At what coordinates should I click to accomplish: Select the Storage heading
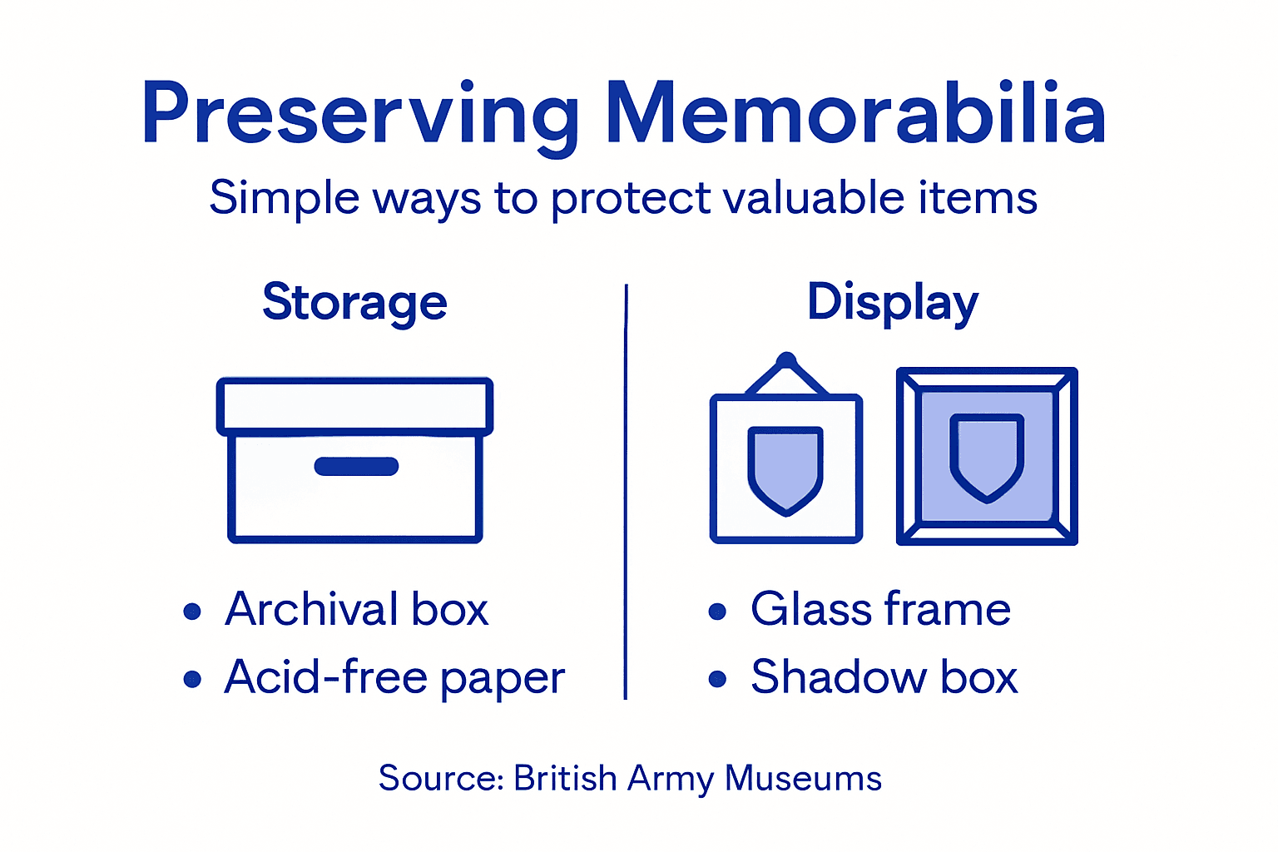pyautogui.click(x=355, y=302)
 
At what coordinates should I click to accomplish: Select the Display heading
pyautogui.click(x=893, y=302)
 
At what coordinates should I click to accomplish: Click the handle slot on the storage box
pyautogui.click(x=356, y=467)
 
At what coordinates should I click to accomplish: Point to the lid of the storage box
pyautogui.click(x=355, y=406)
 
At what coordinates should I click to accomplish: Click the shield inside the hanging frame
pyautogui.click(x=785, y=468)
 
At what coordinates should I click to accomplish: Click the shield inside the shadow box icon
pyautogui.click(x=987, y=457)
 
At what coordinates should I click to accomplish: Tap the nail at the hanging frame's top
pyautogui.click(x=785, y=360)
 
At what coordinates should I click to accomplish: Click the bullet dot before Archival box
pyautogui.click(x=192, y=612)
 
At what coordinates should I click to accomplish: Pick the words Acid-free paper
pyautogui.click(x=394, y=677)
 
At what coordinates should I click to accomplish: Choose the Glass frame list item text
pyautogui.click(x=880, y=609)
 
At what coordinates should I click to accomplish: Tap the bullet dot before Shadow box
pyautogui.click(x=717, y=680)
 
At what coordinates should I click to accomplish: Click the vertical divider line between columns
pyautogui.click(x=626, y=491)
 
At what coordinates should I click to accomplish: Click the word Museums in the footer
pyautogui.click(x=803, y=779)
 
